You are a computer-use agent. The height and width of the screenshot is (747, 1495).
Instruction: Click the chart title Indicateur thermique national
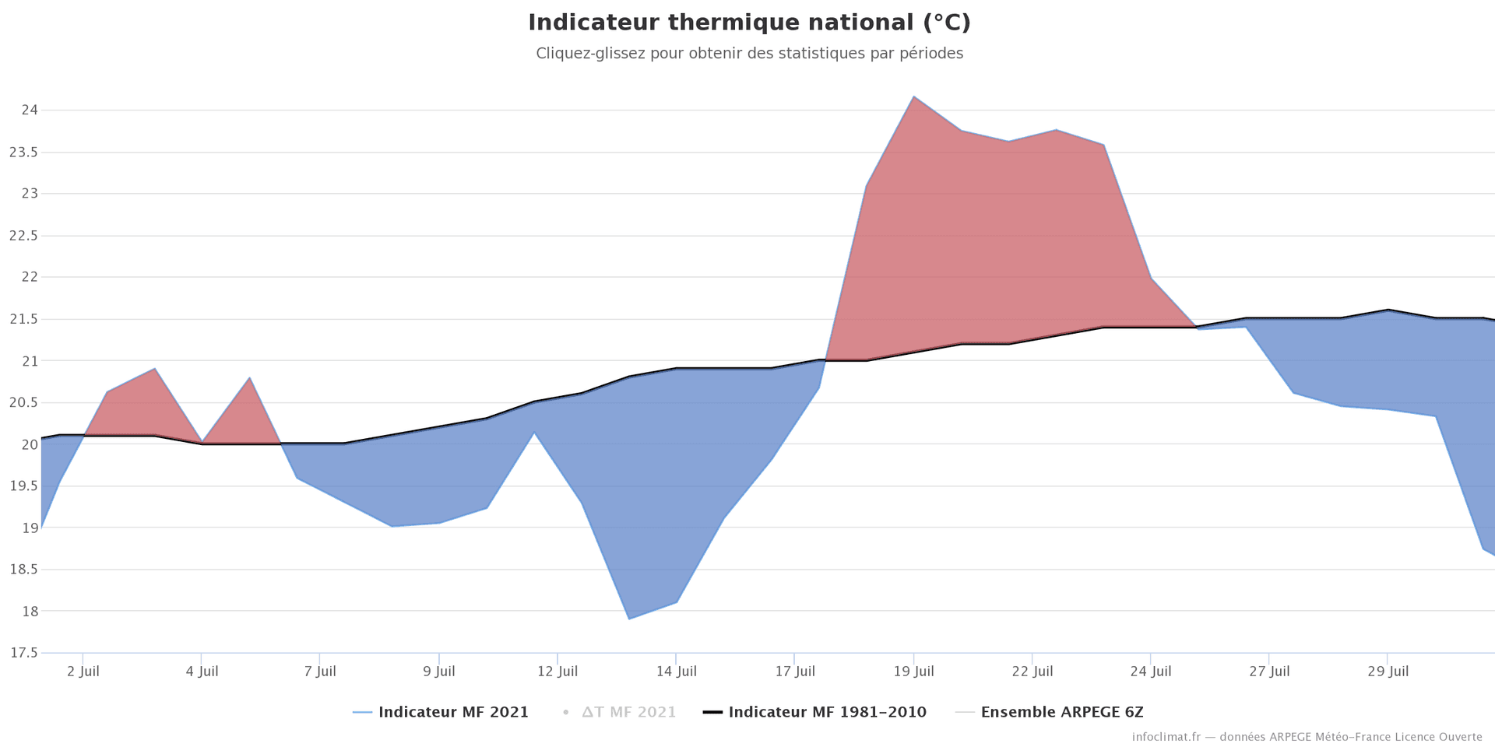click(749, 23)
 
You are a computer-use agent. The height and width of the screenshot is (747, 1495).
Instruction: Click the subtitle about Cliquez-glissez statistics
click(749, 54)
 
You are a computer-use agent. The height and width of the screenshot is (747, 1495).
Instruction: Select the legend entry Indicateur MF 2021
click(452, 712)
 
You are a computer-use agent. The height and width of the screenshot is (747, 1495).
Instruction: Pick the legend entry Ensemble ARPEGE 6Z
click(1061, 712)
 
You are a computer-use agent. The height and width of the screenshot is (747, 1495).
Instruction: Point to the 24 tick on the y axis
click(30, 110)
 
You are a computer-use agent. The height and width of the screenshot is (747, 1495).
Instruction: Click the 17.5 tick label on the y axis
click(24, 653)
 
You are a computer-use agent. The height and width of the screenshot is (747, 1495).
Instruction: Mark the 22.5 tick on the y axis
click(24, 235)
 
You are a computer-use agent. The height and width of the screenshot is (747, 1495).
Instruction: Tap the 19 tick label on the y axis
click(30, 528)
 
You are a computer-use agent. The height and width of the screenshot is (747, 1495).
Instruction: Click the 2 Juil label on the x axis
click(83, 672)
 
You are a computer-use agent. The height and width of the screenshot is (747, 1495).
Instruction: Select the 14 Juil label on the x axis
click(676, 672)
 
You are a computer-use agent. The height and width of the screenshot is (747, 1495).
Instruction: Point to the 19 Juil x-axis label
click(913, 672)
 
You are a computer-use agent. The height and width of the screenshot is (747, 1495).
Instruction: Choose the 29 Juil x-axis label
click(1388, 672)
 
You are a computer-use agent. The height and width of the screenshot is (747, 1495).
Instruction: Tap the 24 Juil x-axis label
click(1150, 672)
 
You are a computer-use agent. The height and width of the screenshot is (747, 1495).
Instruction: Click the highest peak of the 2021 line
click(913, 96)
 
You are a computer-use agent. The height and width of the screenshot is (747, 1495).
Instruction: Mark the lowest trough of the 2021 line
click(628, 619)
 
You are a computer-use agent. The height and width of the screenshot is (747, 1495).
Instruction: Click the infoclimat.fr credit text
click(1307, 737)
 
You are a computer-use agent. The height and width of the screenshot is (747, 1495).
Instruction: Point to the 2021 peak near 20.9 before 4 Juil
click(155, 369)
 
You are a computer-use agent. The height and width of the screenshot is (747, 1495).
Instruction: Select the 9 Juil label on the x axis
click(438, 672)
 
